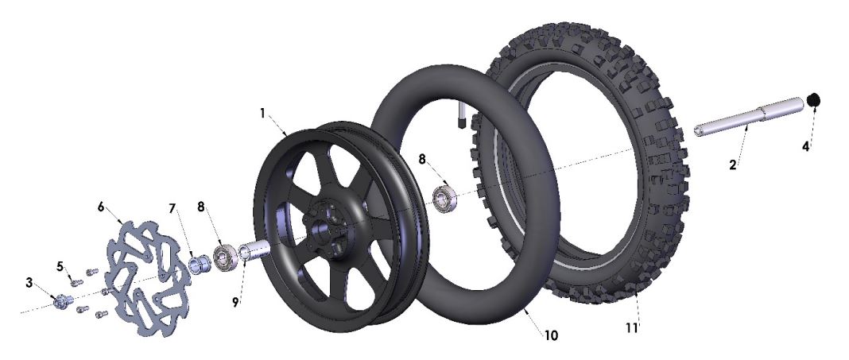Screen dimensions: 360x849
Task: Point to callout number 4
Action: [x=805, y=147]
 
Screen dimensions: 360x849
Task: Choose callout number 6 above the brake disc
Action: [x=101, y=205]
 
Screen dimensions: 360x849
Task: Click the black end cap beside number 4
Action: [x=813, y=101]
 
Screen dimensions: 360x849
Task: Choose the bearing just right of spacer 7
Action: [x=223, y=256]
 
